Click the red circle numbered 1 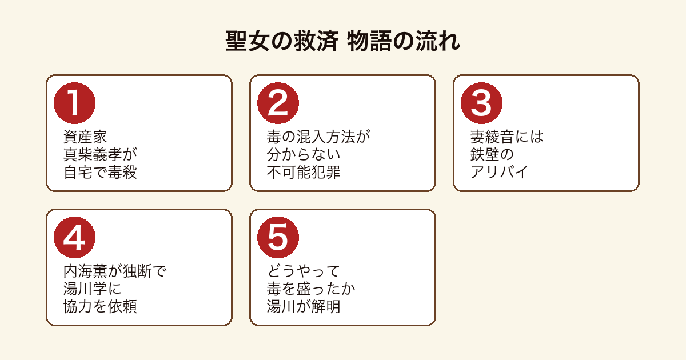74,103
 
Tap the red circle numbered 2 278,103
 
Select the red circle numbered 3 481,103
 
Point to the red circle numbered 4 74,237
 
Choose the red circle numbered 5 278,237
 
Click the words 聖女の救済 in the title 282,41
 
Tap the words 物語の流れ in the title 404,41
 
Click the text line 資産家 85,137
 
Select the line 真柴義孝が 100,154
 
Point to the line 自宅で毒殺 100,172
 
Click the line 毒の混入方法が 318,137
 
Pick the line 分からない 304,154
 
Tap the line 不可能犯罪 304,172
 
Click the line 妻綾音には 507,137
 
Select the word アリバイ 500,172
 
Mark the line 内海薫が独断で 115,271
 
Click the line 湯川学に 93,289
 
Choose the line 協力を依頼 100,306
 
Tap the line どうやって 304,271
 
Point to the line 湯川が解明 304,306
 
